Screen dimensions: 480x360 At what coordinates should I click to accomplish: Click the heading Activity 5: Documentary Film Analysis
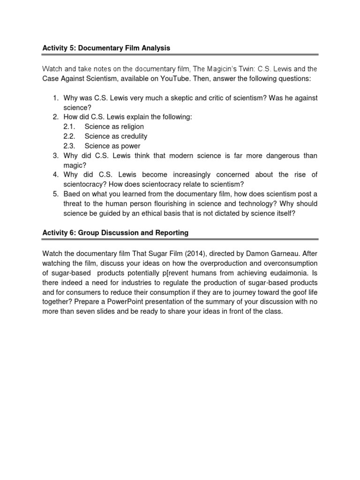coord(106,48)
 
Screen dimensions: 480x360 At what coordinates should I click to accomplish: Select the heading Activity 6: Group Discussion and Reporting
coord(115,232)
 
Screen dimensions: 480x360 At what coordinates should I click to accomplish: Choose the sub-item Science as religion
coord(114,127)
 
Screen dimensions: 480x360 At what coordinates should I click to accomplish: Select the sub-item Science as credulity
coord(116,136)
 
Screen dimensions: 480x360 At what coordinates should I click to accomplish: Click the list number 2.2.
coord(69,136)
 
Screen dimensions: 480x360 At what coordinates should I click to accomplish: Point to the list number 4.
coord(55,174)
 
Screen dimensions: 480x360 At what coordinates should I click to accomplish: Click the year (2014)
coord(203,254)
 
